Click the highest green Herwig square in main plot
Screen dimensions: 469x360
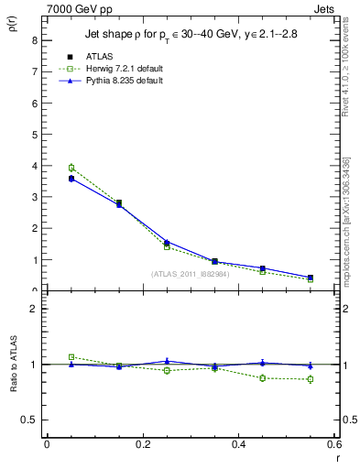[x=71, y=168]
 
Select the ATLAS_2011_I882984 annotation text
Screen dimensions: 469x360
[x=190, y=273]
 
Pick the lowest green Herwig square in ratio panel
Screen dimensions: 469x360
[x=311, y=379]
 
